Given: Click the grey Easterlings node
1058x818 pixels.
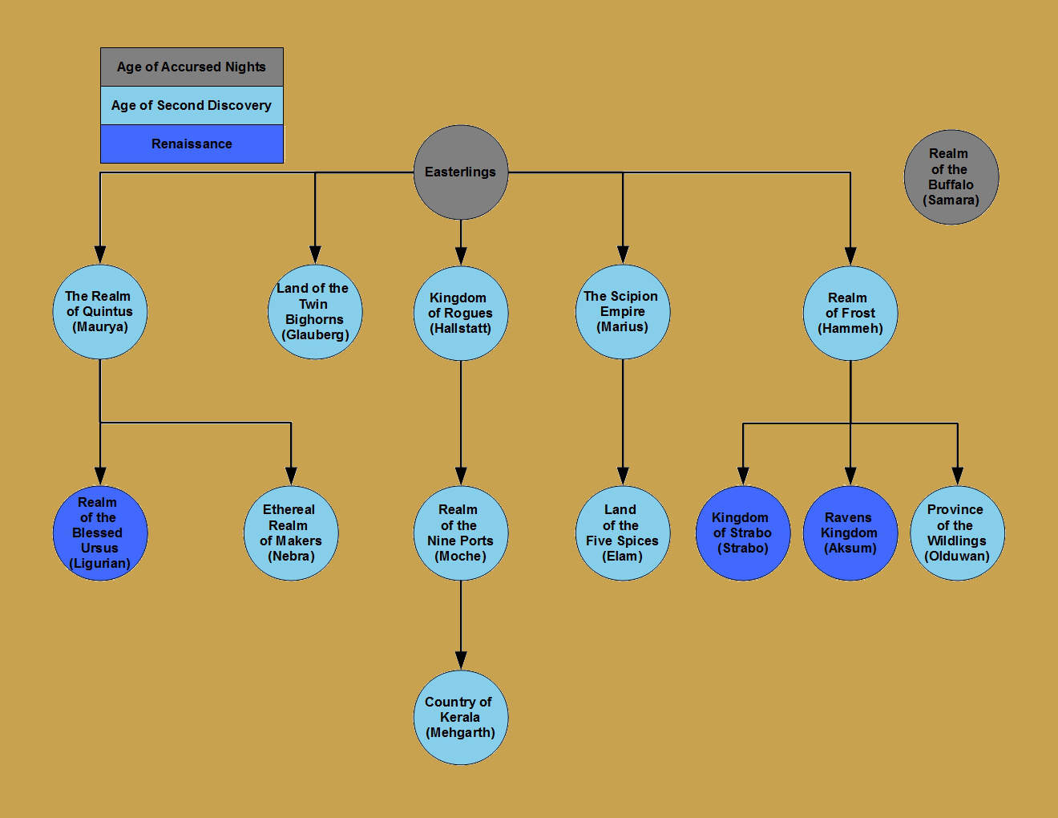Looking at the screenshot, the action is click(x=461, y=172).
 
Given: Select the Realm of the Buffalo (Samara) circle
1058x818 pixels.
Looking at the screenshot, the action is click(x=951, y=177).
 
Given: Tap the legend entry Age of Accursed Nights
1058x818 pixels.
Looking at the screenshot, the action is click(x=192, y=67).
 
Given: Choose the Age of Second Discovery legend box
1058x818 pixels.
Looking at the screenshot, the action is click(x=192, y=105).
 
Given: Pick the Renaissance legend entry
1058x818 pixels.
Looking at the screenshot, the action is click(x=192, y=144).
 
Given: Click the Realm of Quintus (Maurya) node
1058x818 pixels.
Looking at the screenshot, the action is click(x=100, y=312).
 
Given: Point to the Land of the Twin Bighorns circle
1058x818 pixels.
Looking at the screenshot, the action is click(x=315, y=312).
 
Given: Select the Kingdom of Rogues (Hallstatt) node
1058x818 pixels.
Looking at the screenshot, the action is click(x=461, y=314).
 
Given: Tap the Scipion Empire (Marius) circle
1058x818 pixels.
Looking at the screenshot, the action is click(x=623, y=312).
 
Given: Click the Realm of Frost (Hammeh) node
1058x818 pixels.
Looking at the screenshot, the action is click(x=850, y=314).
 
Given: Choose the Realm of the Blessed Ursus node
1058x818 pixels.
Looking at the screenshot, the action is click(x=100, y=533).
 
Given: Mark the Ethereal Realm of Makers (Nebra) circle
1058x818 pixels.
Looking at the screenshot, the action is click(x=291, y=533).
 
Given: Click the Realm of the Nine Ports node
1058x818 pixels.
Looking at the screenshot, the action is click(x=461, y=533).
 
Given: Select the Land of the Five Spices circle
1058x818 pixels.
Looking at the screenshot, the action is click(x=623, y=533).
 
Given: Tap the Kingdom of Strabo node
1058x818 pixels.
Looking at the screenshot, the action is click(x=743, y=533).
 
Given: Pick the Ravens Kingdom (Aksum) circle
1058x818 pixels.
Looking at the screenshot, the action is click(x=850, y=533).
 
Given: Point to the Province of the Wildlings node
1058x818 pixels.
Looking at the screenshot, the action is click(x=958, y=533).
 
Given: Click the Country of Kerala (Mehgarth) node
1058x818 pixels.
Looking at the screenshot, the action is click(x=461, y=718).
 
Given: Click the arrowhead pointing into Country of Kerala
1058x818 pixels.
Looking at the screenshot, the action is click(x=461, y=661).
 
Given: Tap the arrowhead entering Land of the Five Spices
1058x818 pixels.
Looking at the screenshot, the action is click(x=623, y=476).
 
